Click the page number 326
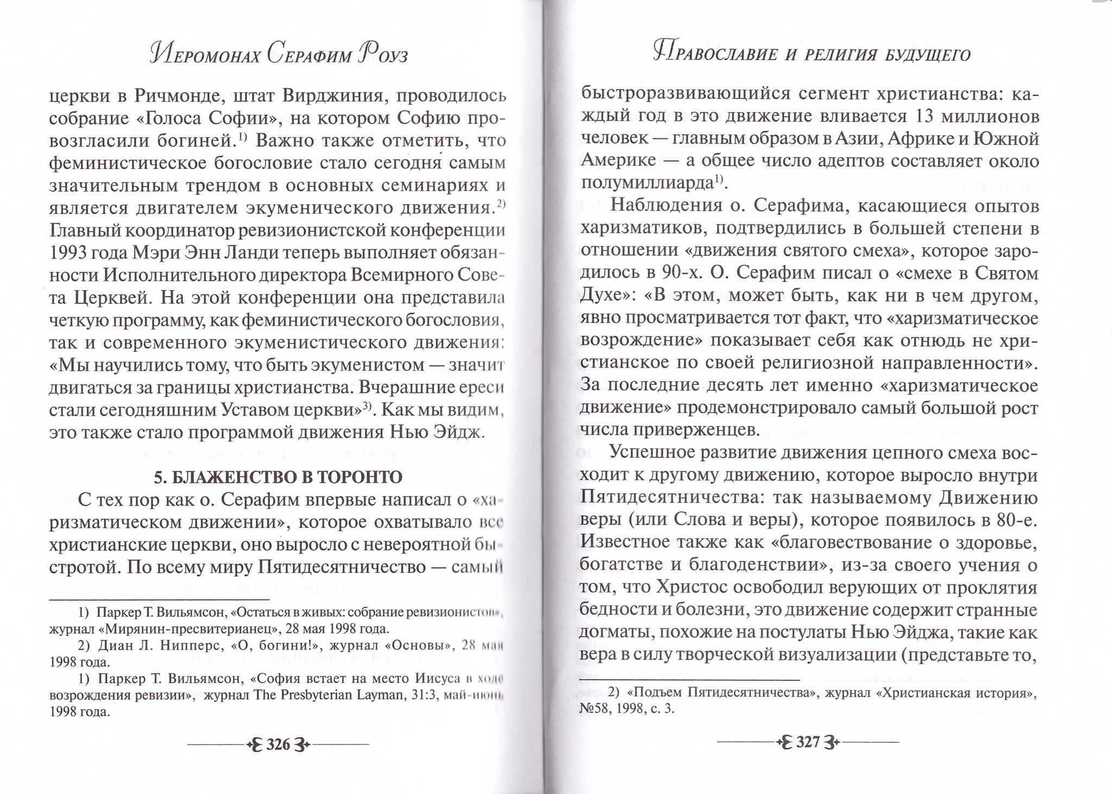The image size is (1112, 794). [278, 744]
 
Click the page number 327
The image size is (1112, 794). [807, 742]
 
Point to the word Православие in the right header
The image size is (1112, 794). [717, 54]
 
